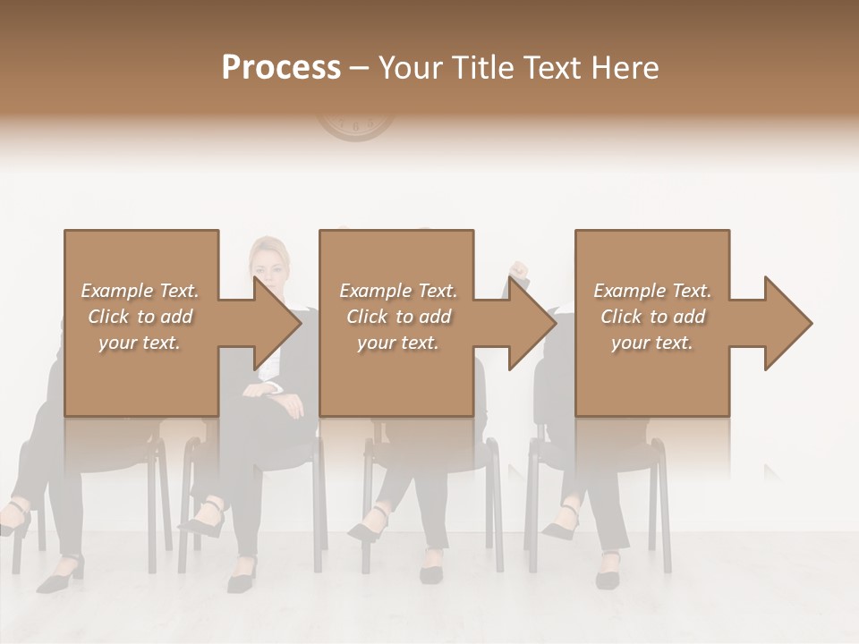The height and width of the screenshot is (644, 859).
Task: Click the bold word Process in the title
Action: point(281,68)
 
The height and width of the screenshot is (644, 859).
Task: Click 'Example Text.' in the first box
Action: point(140,291)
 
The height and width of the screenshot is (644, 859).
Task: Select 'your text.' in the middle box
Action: point(397,343)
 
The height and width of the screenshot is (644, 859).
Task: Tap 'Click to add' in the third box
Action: point(653,317)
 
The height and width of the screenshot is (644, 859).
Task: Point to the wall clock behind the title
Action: point(355,128)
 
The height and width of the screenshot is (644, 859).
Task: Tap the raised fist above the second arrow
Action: point(518,269)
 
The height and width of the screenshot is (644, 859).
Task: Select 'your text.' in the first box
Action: point(140,343)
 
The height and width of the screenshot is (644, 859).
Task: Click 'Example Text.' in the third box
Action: point(653,291)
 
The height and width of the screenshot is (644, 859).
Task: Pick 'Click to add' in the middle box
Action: point(398,317)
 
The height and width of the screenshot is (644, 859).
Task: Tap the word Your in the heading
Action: point(409,68)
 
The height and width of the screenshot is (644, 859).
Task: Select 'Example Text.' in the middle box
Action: point(398,291)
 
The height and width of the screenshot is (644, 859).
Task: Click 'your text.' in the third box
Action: point(652,343)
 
